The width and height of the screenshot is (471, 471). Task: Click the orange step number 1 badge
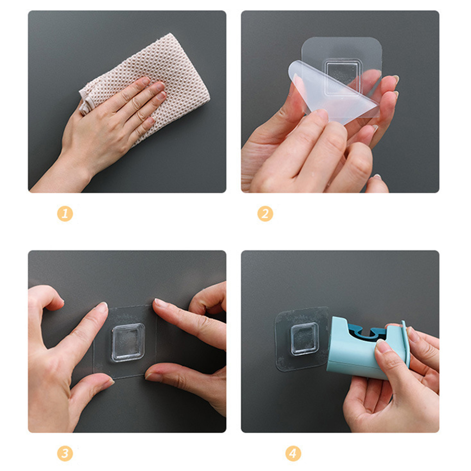[x=65, y=213]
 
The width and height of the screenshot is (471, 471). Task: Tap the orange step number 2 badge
[x=265, y=213]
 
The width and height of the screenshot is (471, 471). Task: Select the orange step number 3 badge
[x=65, y=453]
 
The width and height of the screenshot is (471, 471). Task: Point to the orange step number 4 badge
[x=293, y=453]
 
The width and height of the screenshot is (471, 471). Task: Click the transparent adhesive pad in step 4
[x=302, y=339]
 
